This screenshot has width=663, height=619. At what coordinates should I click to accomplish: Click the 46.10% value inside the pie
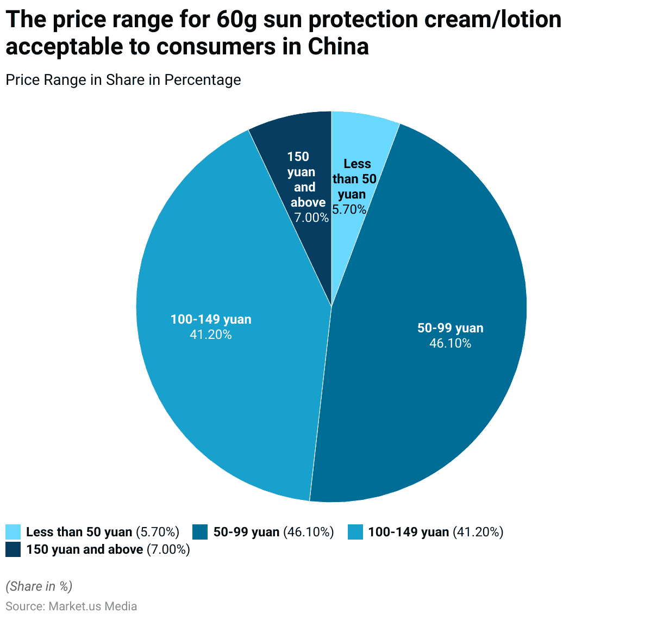pyautogui.click(x=450, y=343)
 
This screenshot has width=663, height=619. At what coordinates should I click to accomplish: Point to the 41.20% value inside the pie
pyautogui.click(x=210, y=335)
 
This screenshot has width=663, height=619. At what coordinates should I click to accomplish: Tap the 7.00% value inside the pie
pyautogui.click(x=311, y=218)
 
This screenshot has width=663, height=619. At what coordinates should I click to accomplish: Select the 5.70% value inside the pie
pyautogui.click(x=349, y=209)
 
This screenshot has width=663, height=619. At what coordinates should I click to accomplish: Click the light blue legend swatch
pyautogui.click(x=13, y=532)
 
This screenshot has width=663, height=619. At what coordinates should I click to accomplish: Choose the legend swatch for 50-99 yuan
pyautogui.click(x=201, y=532)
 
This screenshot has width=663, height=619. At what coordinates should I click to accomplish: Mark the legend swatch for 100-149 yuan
pyautogui.click(x=355, y=532)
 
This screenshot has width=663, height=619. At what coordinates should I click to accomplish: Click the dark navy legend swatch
pyautogui.click(x=13, y=549)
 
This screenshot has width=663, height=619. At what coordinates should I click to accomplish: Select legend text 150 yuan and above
pyautogui.click(x=85, y=549)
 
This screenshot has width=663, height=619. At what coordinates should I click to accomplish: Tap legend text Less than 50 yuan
pyautogui.click(x=79, y=532)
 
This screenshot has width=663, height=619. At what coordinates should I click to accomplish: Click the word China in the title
pyautogui.click(x=338, y=47)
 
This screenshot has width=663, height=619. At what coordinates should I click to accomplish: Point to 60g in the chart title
pyautogui.click(x=233, y=20)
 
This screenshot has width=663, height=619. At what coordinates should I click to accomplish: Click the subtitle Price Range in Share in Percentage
pyautogui.click(x=123, y=80)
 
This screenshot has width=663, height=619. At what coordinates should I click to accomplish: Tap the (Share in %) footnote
pyautogui.click(x=39, y=586)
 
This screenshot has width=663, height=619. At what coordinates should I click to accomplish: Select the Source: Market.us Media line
pyautogui.click(x=71, y=606)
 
